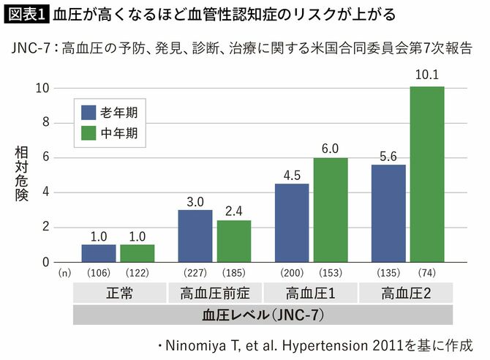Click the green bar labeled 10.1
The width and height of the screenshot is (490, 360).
pos(426,174)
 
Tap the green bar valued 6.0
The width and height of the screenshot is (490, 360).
pos(330,210)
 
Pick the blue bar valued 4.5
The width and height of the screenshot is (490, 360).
pos(291,223)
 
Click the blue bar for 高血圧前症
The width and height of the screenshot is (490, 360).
pos(195,236)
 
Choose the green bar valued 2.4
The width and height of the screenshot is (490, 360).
pos(233,241)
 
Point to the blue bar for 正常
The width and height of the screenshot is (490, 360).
pos(98,253)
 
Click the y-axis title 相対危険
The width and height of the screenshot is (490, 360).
pos(21,174)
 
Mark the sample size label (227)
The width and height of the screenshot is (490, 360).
pos(195,274)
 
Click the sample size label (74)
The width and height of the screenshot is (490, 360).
pos(426,274)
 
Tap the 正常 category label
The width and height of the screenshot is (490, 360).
pos(118,294)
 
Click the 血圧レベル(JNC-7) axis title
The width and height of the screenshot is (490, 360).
pos(262,315)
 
